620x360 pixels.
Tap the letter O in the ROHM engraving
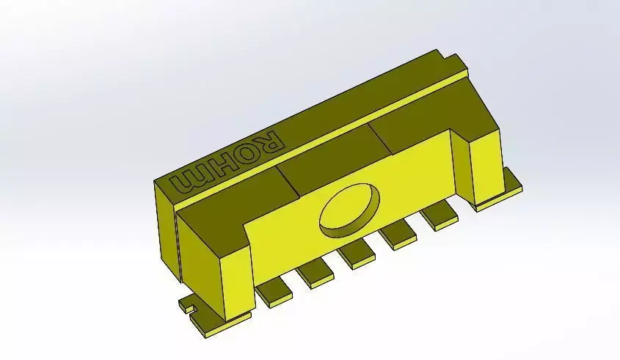(x=243, y=154)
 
